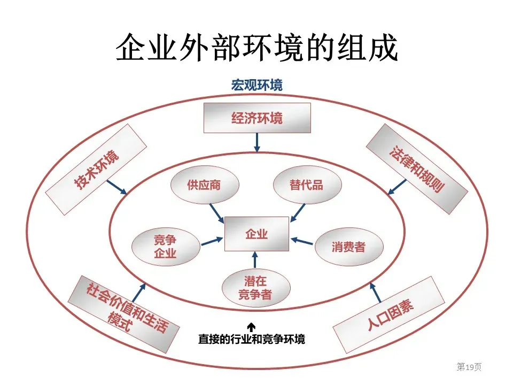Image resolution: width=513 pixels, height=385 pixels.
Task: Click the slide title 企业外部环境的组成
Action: [x=257, y=47]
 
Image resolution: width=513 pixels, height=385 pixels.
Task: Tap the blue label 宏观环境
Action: [x=257, y=85]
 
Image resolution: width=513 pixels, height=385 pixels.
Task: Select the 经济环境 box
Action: [x=257, y=118]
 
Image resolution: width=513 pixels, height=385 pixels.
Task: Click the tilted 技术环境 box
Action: [x=96, y=170]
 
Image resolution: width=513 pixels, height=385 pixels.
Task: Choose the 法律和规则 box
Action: [x=417, y=169]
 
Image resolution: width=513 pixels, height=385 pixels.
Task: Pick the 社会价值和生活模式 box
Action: [x=123, y=314]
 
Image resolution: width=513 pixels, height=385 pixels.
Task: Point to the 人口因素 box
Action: [x=388, y=314]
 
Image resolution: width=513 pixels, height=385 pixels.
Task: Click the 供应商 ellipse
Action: [x=205, y=185]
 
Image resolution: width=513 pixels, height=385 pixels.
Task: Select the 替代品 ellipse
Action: [x=307, y=185]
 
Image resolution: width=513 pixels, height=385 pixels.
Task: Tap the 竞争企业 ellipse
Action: [x=166, y=247]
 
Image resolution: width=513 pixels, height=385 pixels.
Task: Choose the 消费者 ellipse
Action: [x=349, y=247]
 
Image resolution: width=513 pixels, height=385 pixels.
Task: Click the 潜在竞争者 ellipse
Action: [x=256, y=288]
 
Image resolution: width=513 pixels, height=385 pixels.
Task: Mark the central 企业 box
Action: [x=256, y=234]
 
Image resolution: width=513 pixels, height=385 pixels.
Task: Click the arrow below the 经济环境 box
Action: [x=257, y=143]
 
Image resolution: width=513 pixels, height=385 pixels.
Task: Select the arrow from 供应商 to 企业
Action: [x=216, y=213]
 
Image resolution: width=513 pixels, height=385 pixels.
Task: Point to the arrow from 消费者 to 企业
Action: [x=301, y=241]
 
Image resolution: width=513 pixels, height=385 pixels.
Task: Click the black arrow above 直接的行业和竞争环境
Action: [x=251, y=327]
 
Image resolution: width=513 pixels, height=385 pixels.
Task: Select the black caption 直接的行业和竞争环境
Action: [x=252, y=339]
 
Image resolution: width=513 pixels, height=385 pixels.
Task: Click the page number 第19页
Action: [x=469, y=367]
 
